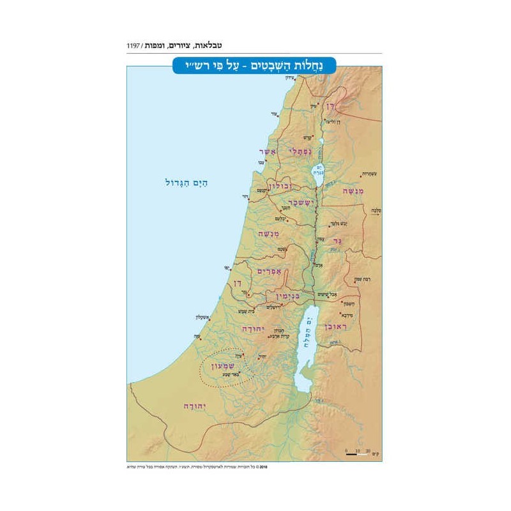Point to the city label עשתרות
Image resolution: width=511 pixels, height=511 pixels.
(362, 173)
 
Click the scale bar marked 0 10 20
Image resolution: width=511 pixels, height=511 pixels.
(358, 453)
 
